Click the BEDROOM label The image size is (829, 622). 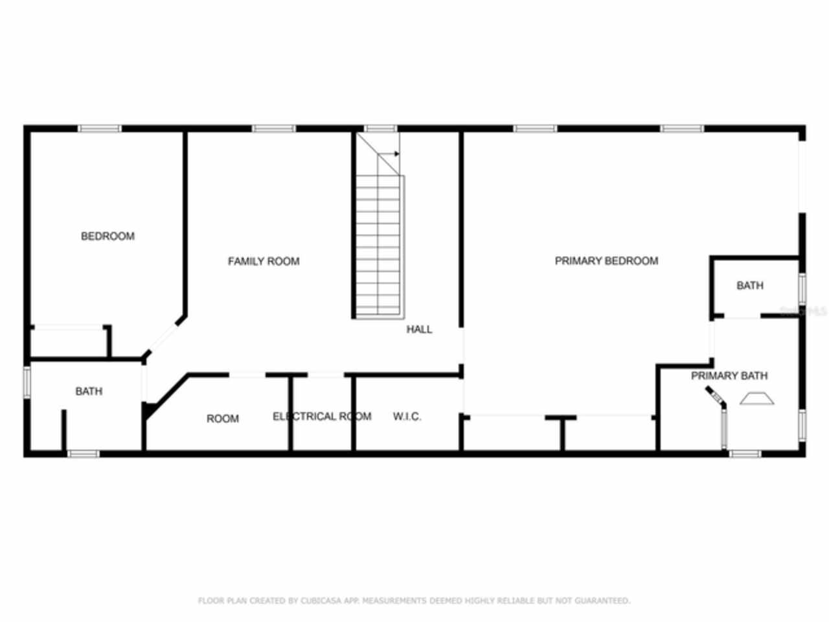click(x=108, y=236)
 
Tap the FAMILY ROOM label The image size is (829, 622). click(x=264, y=262)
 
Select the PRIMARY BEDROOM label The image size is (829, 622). click(x=606, y=261)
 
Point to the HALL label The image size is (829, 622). click(x=419, y=330)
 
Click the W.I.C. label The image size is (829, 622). click(x=407, y=417)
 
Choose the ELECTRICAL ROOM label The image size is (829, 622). click(x=322, y=417)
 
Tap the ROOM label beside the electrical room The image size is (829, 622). click(x=222, y=419)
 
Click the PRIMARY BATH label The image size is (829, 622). click(x=729, y=376)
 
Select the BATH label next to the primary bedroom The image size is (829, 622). click(x=749, y=286)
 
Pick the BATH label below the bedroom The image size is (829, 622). click(x=89, y=391)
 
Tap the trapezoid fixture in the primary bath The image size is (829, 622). click(x=756, y=398)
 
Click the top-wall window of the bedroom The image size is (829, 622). click(x=99, y=129)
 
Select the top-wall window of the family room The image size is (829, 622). click(x=273, y=129)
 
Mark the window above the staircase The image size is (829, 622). click(x=380, y=129)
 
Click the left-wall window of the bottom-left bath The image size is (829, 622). click(x=27, y=381)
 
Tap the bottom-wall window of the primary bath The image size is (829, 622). click(x=745, y=454)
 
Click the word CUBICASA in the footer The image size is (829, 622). click(x=319, y=601)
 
